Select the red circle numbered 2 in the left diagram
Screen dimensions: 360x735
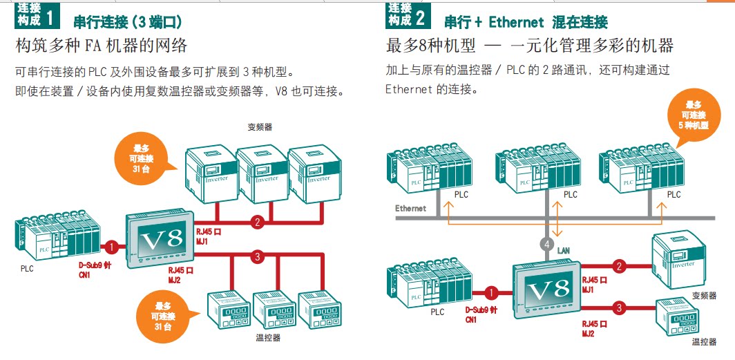coord(257,222)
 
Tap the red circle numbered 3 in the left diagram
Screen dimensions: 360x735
coord(257,257)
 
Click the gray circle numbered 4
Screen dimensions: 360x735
coord(547,243)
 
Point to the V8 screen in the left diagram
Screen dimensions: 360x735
coord(161,241)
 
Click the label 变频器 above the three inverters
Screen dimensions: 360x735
coord(260,127)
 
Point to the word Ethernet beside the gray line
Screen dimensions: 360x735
coord(410,208)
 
